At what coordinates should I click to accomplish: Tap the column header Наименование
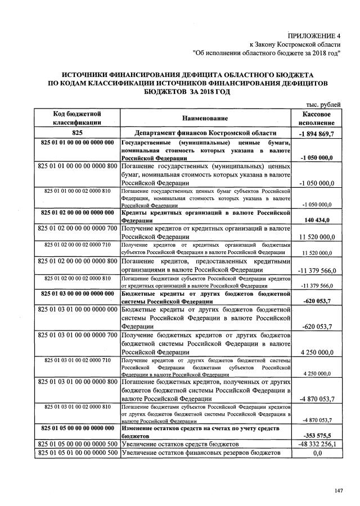(205, 118)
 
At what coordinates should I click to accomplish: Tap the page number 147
(338, 491)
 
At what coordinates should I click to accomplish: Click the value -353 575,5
(318, 435)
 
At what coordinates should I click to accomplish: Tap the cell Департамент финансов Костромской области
(205, 133)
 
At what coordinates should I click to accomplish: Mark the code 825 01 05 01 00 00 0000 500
(77, 453)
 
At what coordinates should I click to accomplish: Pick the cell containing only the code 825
(77, 133)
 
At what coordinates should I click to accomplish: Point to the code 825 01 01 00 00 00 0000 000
(78, 143)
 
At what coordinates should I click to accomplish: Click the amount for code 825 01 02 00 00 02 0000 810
(318, 286)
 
